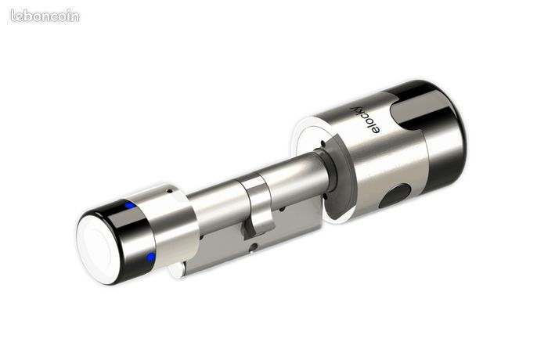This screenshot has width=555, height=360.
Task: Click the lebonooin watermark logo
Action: coord(45,16)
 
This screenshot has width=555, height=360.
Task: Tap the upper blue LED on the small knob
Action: coord(129,205)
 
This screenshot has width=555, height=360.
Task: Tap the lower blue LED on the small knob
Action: coord(151,257)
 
